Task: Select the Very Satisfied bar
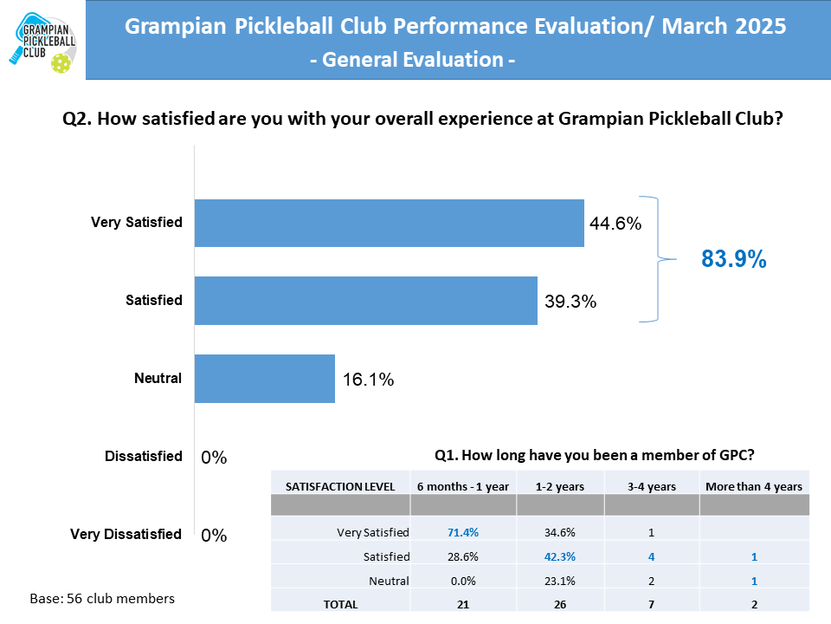[x=389, y=223]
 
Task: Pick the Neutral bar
[x=264, y=379]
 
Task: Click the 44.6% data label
[x=615, y=224]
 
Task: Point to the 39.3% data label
[x=570, y=302]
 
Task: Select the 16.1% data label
[x=368, y=380]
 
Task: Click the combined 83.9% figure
[x=733, y=259]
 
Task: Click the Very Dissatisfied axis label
[x=126, y=534]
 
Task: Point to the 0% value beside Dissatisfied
[x=214, y=458]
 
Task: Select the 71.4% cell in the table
[x=463, y=531]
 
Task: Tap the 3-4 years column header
[x=651, y=486]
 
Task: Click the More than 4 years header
[x=754, y=486]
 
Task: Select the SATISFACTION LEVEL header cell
[x=340, y=486]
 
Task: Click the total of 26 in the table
[x=560, y=605]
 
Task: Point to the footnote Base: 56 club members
[x=102, y=599]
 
